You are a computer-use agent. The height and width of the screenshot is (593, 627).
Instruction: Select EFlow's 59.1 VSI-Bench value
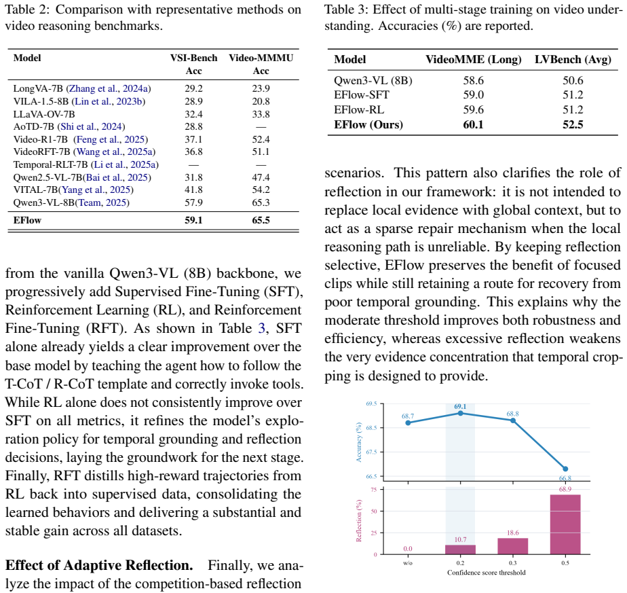[193, 220]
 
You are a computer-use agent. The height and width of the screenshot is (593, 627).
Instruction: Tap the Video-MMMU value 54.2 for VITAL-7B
[261, 190]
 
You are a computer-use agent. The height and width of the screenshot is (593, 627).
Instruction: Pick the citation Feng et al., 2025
[111, 139]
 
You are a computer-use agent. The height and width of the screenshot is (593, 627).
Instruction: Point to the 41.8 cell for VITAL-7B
[193, 190]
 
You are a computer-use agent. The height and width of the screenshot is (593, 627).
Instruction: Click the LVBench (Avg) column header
[573, 60]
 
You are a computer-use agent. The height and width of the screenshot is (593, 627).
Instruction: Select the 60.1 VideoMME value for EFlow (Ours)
[474, 124]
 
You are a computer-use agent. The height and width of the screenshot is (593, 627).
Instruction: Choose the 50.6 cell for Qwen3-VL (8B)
[573, 80]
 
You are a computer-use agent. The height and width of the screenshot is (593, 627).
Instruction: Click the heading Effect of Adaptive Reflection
[99, 565]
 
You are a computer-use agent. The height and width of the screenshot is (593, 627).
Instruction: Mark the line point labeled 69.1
[460, 413]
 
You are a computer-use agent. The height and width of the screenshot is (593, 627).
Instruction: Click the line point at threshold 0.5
[565, 469]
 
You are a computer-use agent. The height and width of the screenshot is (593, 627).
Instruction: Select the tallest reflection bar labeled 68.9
[565, 524]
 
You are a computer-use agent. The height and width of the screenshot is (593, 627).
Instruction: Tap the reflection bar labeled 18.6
[512, 546]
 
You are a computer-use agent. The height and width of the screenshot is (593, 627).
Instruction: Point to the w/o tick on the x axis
[408, 563]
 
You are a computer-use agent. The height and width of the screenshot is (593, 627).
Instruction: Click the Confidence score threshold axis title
[487, 573]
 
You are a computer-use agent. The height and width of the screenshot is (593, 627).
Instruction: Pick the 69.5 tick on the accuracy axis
[371, 403]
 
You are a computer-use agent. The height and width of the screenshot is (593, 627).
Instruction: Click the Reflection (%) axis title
[359, 520]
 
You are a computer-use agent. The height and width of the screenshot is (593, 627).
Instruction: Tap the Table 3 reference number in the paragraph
[261, 328]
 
